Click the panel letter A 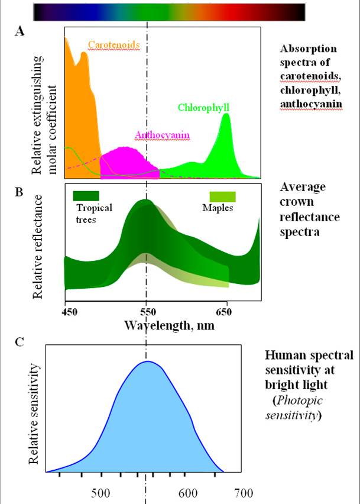click(x=20, y=33)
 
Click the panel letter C click(x=20, y=342)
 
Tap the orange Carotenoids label click(x=114, y=44)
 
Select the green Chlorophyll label click(x=203, y=108)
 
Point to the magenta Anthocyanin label click(x=162, y=135)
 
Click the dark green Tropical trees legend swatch click(x=86, y=195)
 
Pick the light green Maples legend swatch click(x=223, y=196)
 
